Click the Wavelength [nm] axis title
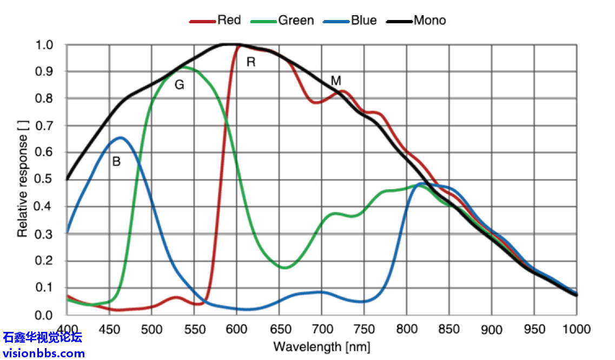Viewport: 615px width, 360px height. pyautogui.click(x=322, y=346)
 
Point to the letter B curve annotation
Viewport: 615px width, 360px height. pyautogui.click(x=116, y=161)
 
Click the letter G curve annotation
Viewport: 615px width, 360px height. pyautogui.click(x=179, y=85)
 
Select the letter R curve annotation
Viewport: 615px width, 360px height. pyautogui.click(x=250, y=62)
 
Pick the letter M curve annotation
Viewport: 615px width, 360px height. pyautogui.click(x=336, y=81)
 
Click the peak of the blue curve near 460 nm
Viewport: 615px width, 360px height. pyautogui.click(x=121, y=138)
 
